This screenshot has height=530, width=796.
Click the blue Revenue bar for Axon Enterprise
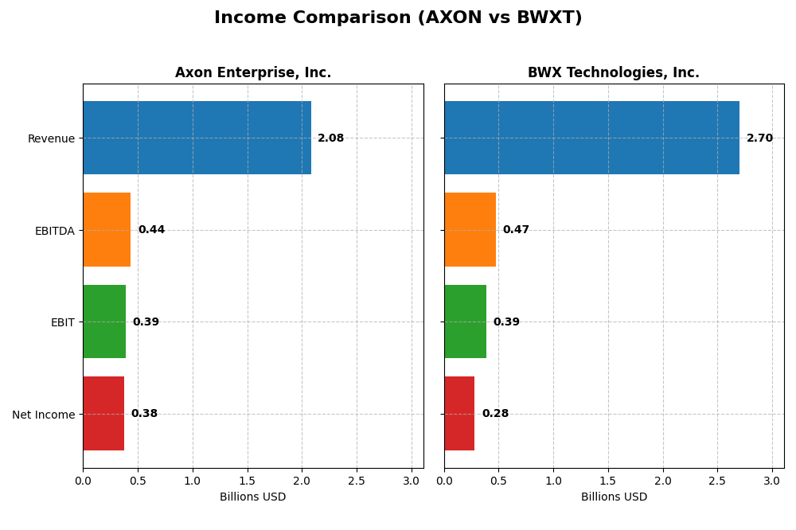coord(197,138)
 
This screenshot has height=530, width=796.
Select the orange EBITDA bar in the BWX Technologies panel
coord(470,229)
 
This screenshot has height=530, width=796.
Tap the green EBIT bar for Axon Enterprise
coord(104,322)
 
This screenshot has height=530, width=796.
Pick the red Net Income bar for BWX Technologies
coord(459,413)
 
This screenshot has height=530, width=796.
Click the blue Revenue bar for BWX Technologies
coord(591,138)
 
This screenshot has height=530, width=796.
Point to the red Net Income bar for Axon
coord(103,413)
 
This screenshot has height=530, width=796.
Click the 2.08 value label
coord(330,138)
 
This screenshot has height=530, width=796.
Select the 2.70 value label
coord(759,138)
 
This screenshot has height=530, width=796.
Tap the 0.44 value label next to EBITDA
coord(151,230)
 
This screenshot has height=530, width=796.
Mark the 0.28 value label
coord(495,414)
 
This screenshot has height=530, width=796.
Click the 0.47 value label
coord(516,230)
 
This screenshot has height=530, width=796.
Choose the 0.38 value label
coord(144,414)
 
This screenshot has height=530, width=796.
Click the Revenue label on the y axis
coord(51,138)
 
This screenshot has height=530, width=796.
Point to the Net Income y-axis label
coord(44,415)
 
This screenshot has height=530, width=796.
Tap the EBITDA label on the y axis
coord(54,231)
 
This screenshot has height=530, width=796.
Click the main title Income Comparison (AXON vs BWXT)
coord(398,18)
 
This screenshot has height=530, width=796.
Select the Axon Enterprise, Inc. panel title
coord(253,73)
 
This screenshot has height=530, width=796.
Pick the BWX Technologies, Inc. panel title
coord(614,73)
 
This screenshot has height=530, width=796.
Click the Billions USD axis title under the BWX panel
coord(614,497)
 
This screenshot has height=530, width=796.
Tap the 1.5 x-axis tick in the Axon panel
coord(247,481)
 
